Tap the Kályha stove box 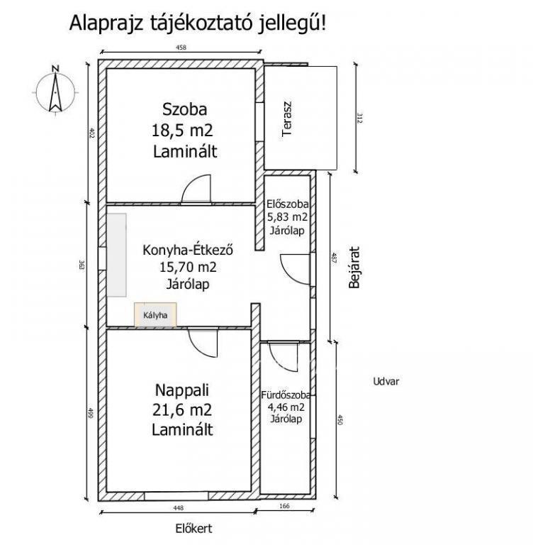point(155,315)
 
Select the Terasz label point(287,119)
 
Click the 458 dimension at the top point(181,48)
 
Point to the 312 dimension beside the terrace point(359,119)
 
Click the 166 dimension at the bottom point(284,506)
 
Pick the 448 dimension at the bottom point(178,508)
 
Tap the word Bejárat point(354,268)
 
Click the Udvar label point(386,381)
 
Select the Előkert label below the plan point(193,529)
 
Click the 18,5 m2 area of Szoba point(182,131)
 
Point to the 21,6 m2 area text point(182,409)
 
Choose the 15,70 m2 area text point(188,267)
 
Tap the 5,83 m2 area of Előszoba point(287,217)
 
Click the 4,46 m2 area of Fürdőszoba point(286,407)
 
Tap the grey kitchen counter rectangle point(116,255)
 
